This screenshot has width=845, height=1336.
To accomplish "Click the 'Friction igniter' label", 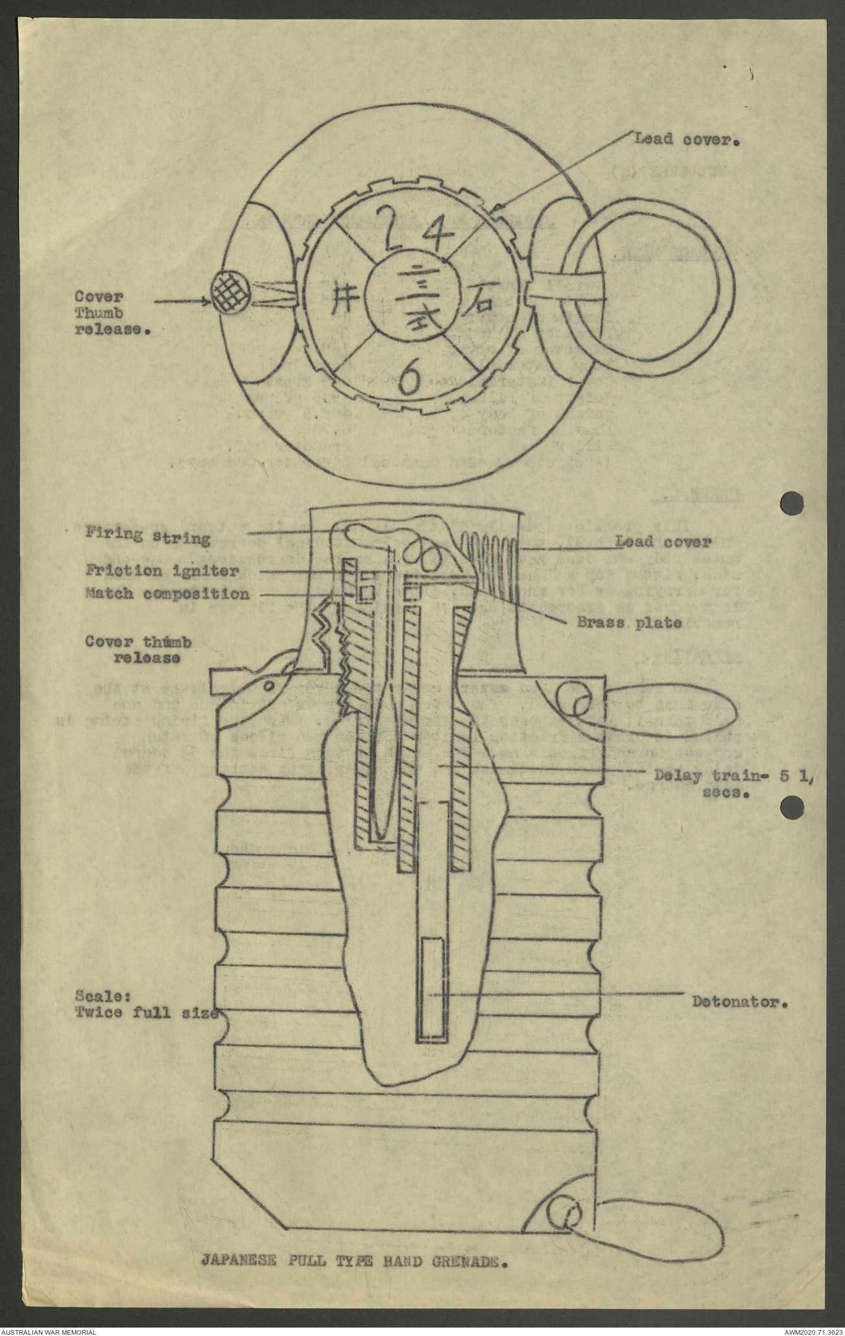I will click(x=163, y=570).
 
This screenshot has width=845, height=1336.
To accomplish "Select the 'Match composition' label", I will click(x=167, y=594).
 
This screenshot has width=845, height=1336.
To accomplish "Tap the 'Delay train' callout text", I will click(x=733, y=782).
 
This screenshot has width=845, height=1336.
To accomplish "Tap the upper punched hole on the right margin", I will click(x=792, y=502).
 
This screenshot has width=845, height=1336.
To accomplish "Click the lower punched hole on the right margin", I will click(x=792, y=808).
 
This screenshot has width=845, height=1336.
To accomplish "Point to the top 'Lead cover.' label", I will click(x=687, y=138).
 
